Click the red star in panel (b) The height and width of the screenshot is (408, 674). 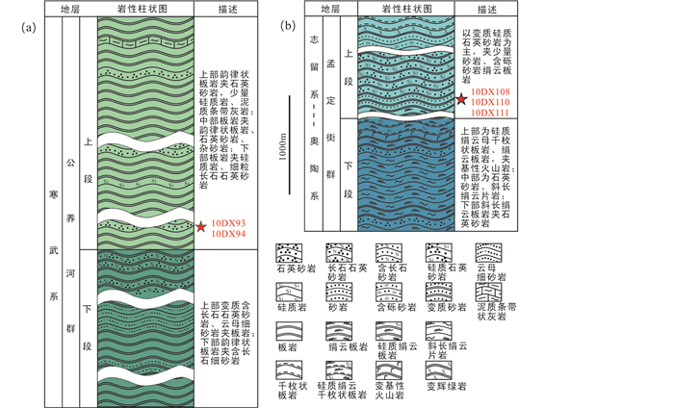pyautogui.click(x=462, y=98)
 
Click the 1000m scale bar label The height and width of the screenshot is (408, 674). pyautogui.click(x=279, y=153)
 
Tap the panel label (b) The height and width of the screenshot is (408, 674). pyautogui.click(x=287, y=26)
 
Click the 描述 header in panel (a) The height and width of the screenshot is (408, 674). pyautogui.click(x=225, y=9)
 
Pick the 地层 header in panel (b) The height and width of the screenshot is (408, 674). pyautogui.click(x=330, y=9)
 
